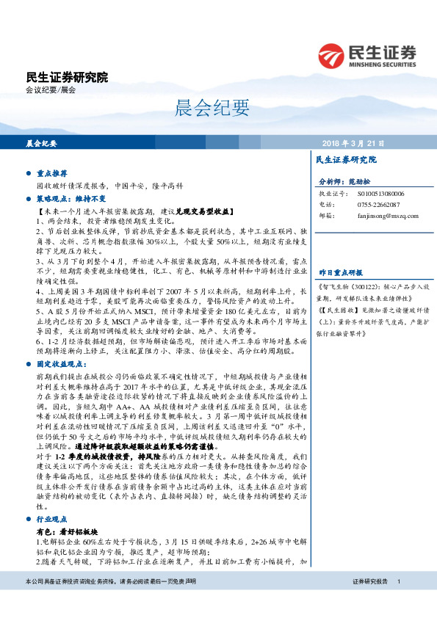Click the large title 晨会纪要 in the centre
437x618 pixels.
[203, 109]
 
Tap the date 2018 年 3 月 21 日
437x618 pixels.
[353, 143]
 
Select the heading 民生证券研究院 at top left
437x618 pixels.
[66, 76]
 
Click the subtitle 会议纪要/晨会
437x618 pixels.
[51, 90]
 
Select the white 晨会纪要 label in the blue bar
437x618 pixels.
[41, 143]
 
